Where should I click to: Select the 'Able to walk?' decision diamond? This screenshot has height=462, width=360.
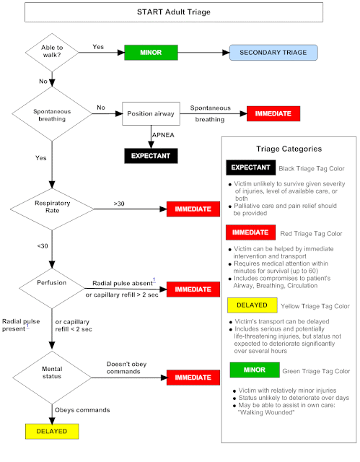50,52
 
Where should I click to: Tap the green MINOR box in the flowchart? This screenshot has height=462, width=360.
152,52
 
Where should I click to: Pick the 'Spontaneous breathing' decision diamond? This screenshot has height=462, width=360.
50,113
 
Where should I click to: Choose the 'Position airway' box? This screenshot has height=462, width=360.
150,114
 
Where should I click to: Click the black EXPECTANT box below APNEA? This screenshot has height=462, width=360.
150,155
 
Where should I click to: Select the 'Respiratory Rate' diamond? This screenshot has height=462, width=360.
50,209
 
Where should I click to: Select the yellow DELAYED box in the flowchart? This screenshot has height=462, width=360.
50,431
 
